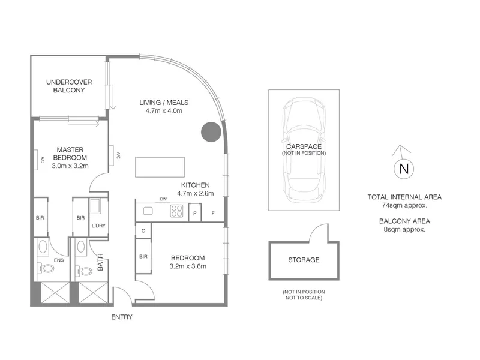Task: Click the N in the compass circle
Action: [x=404, y=169]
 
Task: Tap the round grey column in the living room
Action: [x=211, y=132]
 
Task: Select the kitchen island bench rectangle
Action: [x=160, y=167]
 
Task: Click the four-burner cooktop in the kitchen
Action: [x=176, y=211]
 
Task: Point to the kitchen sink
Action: [x=148, y=211]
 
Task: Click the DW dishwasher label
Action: [x=163, y=199]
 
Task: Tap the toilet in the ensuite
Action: [x=46, y=269]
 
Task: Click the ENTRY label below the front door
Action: [x=122, y=317]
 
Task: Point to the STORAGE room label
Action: [x=304, y=260]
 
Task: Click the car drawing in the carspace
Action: [x=304, y=150]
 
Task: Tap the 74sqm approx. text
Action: [x=404, y=205]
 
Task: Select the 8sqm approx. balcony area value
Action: [x=404, y=229]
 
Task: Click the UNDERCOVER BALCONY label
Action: [x=69, y=86]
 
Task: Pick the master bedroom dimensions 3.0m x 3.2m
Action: [x=70, y=166]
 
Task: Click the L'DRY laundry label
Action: [x=98, y=226]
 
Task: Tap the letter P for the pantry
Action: [x=194, y=214]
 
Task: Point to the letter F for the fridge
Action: [x=213, y=214]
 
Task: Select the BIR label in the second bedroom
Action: [x=143, y=257]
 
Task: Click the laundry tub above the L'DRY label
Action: [x=95, y=206]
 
